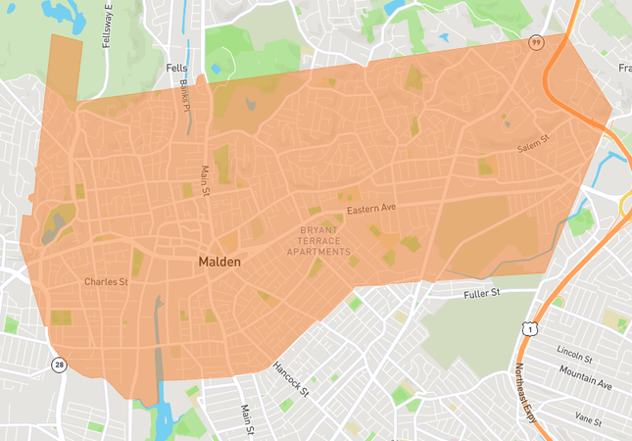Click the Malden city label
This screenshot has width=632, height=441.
219,263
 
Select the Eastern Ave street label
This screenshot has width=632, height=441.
371,208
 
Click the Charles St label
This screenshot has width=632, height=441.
106,282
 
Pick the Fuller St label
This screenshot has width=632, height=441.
481,293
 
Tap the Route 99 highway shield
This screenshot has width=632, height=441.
536,44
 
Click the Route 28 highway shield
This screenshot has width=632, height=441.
59,365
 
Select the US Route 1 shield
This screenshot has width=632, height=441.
528,331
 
